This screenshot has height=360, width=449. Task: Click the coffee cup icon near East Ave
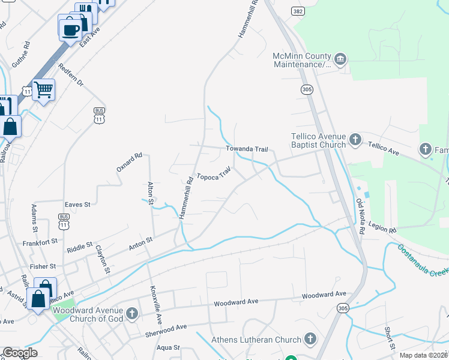(x=70, y=28)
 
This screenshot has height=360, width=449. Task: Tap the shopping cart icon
(x=43, y=90)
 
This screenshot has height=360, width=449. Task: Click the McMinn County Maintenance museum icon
(x=340, y=59)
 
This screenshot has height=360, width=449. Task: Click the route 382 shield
(x=297, y=11)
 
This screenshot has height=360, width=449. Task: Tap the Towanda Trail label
(x=246, y=149)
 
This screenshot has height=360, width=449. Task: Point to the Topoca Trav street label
(x=214, y=175)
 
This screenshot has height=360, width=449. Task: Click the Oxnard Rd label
(x=129, y=162)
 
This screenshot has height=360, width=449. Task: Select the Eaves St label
(x=77, y=205)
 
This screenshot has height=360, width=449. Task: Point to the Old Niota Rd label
(x=361, y=217)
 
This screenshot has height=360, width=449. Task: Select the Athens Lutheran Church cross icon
(x=310, y=340)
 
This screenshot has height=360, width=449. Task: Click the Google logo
(x=20, y=353)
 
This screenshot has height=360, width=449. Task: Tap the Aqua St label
(x=168, y=347)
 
